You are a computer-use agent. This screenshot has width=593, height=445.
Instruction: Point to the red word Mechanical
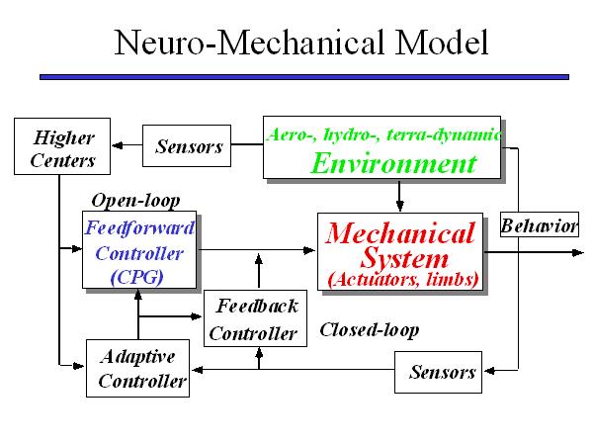(400, 234)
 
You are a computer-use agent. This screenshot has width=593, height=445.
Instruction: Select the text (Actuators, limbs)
(402, 280)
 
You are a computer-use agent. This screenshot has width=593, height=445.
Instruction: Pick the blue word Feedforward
(139, 227)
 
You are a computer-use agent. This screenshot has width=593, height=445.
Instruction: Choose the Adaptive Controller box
(136, 368)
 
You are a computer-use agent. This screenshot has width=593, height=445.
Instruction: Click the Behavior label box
(539, 226)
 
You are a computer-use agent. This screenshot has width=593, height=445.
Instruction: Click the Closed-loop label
(369, 329)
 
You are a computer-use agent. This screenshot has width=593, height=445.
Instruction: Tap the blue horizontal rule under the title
(303, 76)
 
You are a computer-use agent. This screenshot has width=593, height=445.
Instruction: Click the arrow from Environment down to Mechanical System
(398, 196)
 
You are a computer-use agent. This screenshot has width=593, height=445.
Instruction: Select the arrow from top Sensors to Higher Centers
(126, 146)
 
